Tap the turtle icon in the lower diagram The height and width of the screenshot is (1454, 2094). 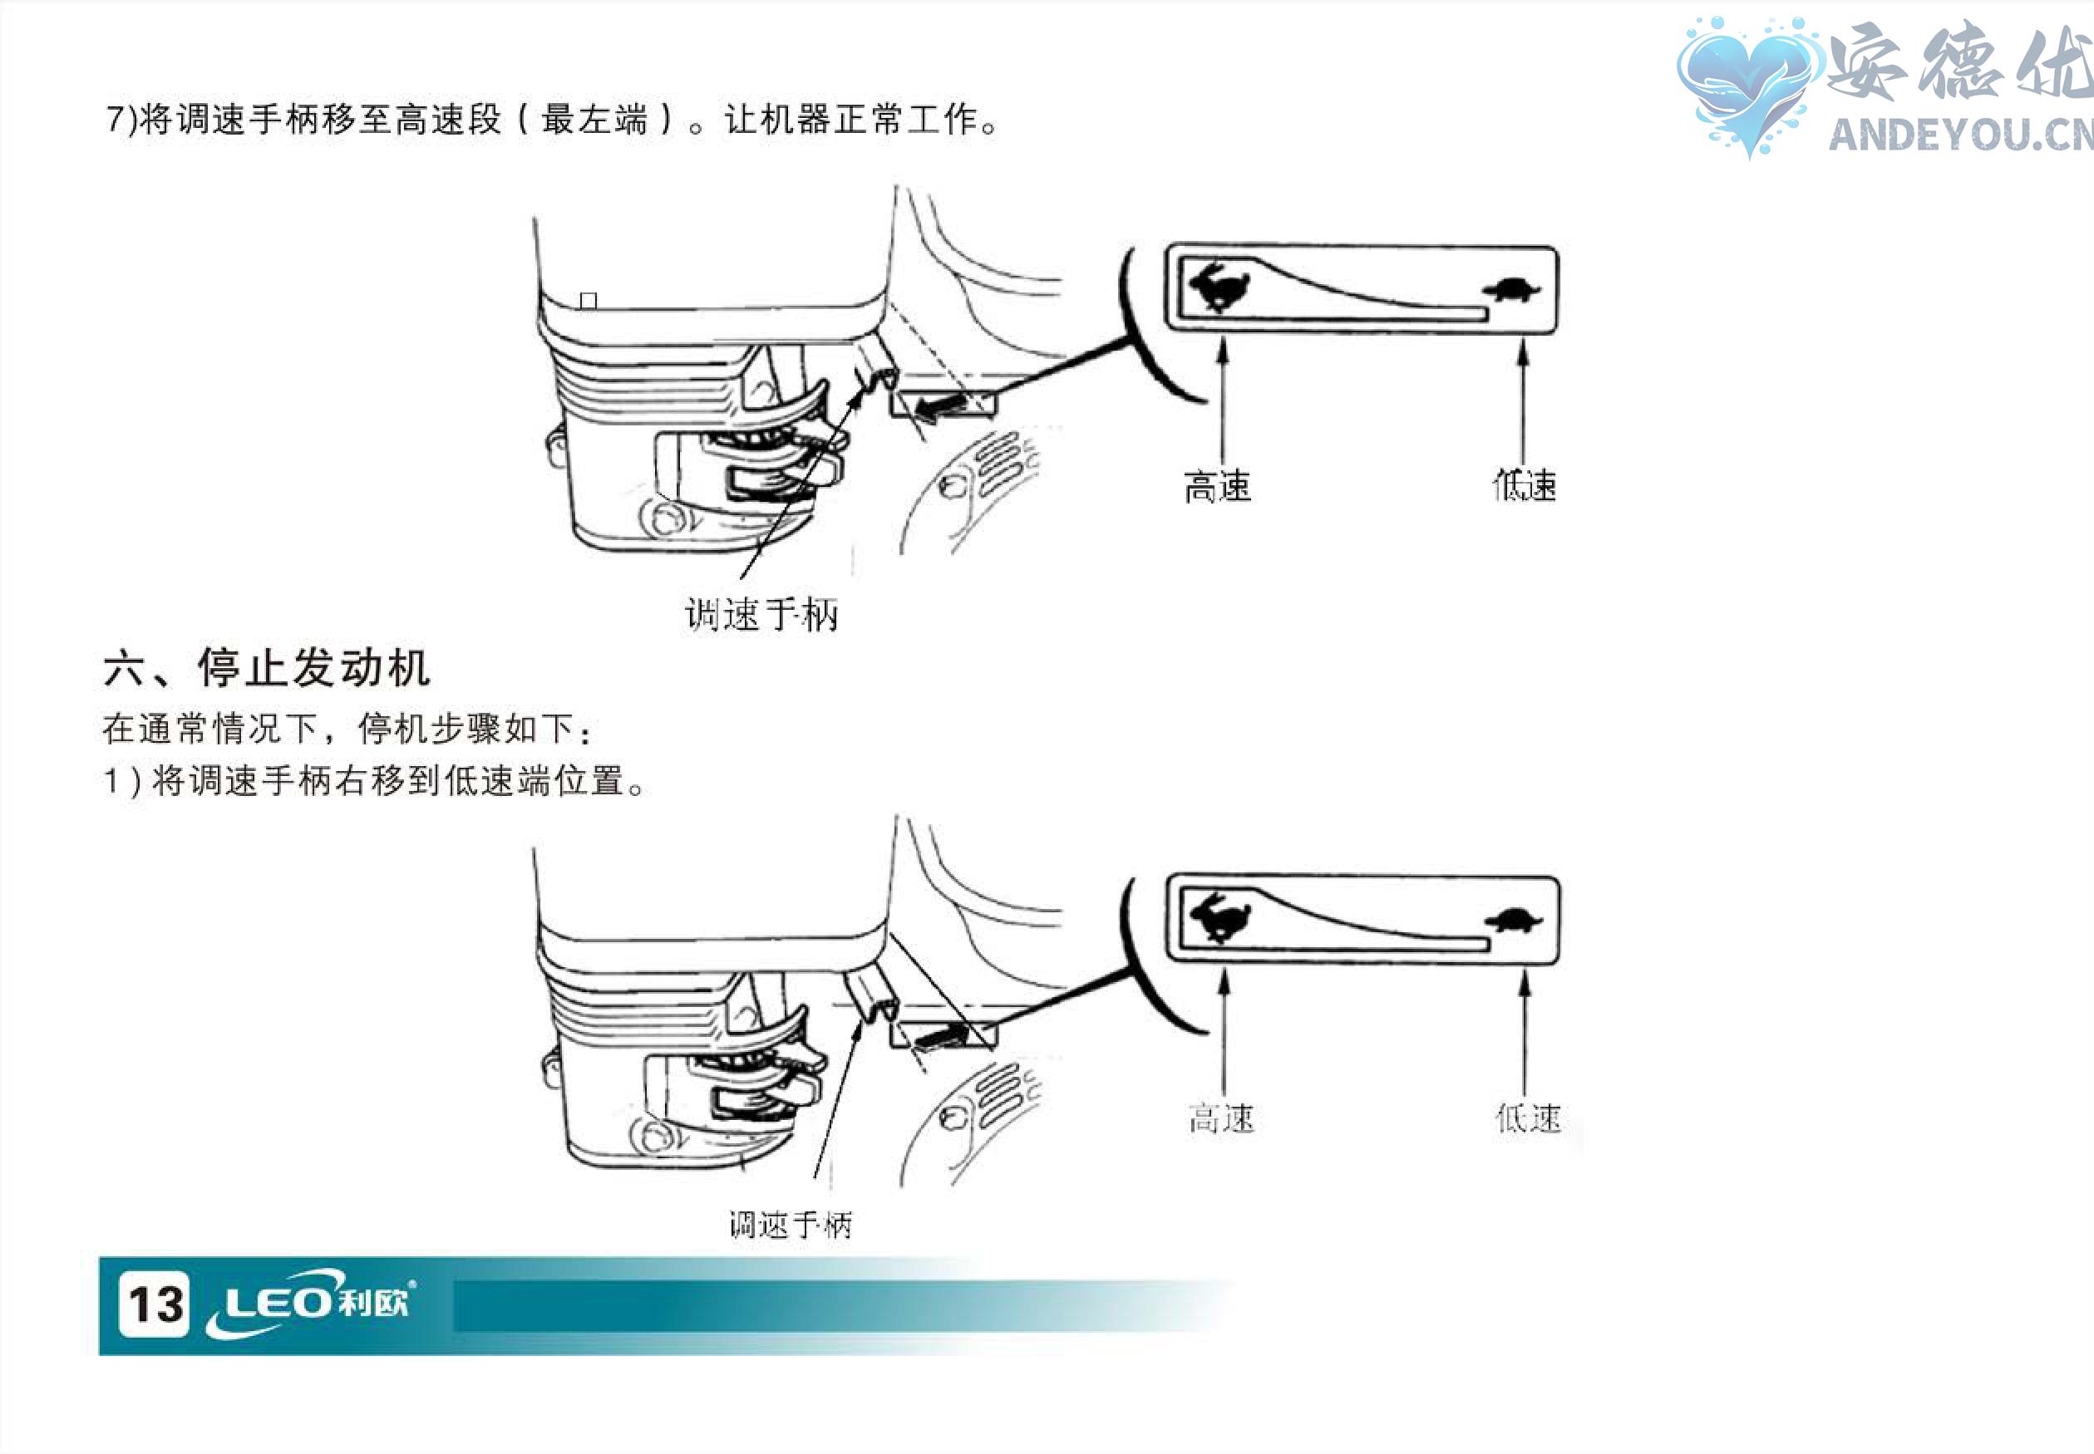coord(1514,920)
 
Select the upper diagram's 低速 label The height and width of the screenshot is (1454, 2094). coord(1525,484)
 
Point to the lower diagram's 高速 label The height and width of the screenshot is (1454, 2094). coord(1221,1118)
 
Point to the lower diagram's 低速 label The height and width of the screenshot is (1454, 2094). coord(1528,1118)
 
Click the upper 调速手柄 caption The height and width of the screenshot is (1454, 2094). coord(761,615)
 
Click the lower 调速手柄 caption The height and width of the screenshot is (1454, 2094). coord(790,1225)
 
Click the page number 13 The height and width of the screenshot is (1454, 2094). coord(154,1304)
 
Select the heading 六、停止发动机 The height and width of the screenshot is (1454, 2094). coord(265,668)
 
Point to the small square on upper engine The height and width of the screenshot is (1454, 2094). coord(589,300)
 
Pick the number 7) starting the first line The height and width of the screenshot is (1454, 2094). coord(121,120)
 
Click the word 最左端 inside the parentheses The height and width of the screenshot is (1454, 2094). coord(594,120)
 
